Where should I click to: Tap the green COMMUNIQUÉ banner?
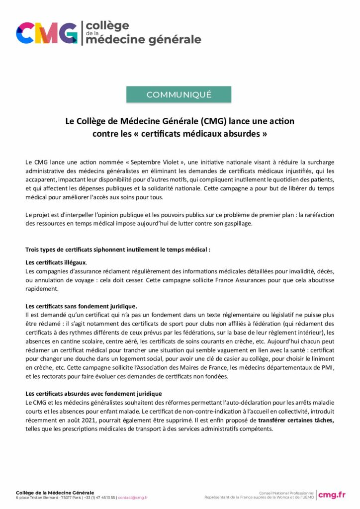pos(179,94)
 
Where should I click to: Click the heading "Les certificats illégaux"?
pos(56,262)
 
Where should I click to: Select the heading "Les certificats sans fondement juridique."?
pos(81,306)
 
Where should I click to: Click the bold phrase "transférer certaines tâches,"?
pos(296,420)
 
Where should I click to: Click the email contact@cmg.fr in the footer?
pos(133,497)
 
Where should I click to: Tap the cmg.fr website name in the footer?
pos(332,494)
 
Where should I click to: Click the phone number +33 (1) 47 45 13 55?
pos(99,497)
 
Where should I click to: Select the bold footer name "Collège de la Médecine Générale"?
pos(55,492)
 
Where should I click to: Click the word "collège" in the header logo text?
pos(107,25)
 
